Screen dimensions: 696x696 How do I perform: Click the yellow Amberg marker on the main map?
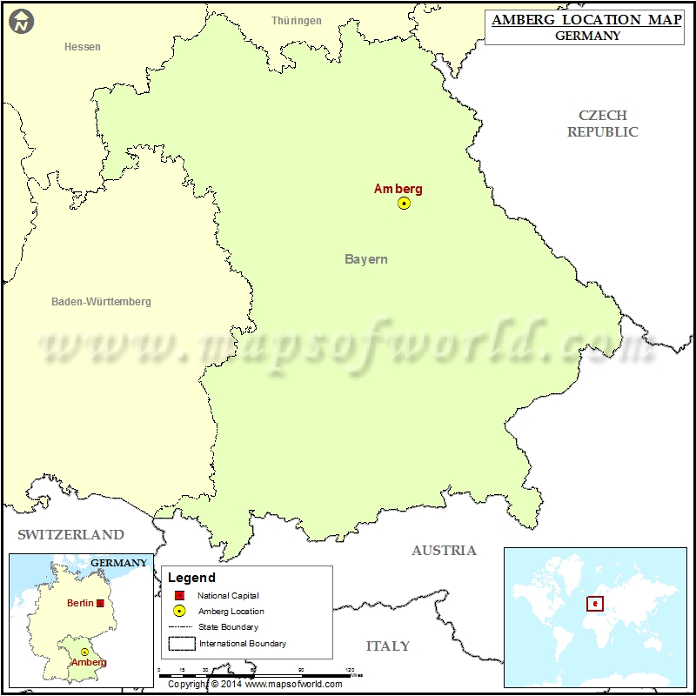404,203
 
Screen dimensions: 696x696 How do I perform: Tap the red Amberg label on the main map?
398,189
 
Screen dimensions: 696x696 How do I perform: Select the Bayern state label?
366,259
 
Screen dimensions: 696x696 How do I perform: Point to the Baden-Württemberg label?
101,302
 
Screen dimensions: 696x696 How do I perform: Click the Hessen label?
83,47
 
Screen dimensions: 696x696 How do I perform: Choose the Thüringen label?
296,21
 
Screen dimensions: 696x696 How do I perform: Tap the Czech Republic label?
603,124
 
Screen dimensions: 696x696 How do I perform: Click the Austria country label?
444,550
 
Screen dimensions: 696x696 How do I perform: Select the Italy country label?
388,646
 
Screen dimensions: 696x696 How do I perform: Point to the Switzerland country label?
71,534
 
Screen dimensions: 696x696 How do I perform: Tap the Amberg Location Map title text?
587,19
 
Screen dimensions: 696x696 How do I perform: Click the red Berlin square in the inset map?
101,603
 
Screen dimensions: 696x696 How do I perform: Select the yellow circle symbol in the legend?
179,611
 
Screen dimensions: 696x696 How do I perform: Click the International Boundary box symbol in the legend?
181,643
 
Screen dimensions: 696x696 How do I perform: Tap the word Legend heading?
191,578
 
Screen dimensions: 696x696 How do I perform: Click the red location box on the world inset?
595,603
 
